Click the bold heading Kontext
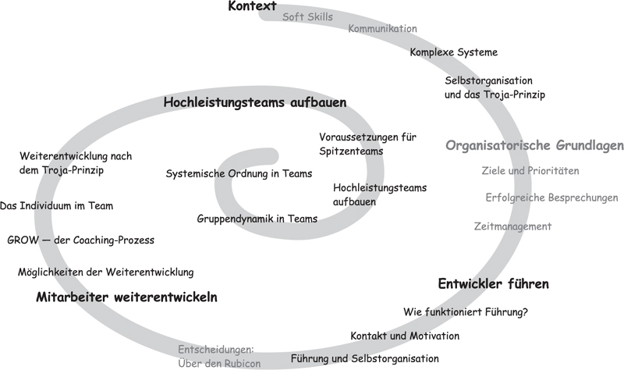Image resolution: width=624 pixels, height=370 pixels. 252,6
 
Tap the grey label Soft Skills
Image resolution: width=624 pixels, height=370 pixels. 307,16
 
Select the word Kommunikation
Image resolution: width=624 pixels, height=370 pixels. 382,29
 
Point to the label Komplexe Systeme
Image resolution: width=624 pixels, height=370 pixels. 454,52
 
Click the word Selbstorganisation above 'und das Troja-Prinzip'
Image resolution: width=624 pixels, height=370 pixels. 488,80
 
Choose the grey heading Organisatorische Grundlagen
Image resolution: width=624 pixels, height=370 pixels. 534,145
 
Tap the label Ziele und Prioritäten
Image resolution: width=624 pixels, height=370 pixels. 530,170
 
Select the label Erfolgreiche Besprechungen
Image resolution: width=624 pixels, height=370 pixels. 551,197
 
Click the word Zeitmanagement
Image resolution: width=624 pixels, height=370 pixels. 512,226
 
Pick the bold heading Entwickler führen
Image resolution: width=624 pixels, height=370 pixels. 494,284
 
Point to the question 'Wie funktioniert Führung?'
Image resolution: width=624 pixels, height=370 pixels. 466,312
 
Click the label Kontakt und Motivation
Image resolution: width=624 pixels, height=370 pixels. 405,336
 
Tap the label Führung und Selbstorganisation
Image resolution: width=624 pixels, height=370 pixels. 364,359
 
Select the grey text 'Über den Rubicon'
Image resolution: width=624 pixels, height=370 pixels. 219,364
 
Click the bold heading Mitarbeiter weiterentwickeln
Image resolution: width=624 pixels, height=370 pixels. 126,297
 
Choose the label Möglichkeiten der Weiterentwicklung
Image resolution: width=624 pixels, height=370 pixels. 106,272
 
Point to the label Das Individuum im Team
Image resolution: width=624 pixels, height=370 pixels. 56,206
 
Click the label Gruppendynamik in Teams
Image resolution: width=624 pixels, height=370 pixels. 257,219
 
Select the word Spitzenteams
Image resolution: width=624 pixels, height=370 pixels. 351,151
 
